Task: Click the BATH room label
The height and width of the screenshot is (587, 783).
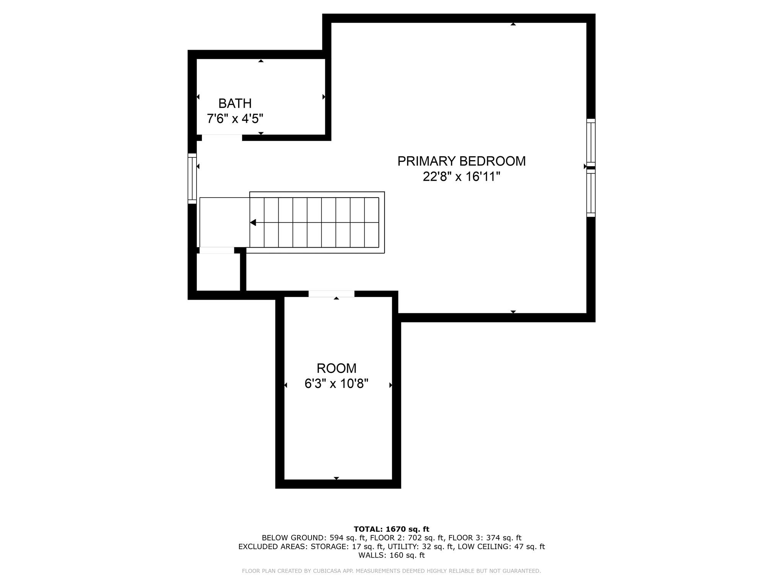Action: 235,104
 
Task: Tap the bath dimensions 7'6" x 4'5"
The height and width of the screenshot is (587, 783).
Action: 235,119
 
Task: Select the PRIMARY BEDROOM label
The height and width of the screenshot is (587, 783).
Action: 461,161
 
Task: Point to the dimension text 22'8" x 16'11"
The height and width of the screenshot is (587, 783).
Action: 461,177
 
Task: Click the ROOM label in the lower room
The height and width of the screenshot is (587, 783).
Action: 336,368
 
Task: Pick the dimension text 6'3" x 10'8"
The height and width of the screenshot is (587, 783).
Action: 336,383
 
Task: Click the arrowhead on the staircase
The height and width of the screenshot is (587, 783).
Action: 253,222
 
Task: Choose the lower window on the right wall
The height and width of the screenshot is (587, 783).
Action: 591,193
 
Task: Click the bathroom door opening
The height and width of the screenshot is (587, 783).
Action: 222,138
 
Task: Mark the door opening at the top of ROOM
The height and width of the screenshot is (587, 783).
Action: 331,293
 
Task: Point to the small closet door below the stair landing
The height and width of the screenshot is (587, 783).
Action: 216,250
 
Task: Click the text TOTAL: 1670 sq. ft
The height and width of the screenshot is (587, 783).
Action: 391,529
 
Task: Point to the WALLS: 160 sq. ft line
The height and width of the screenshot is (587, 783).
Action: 391,555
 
